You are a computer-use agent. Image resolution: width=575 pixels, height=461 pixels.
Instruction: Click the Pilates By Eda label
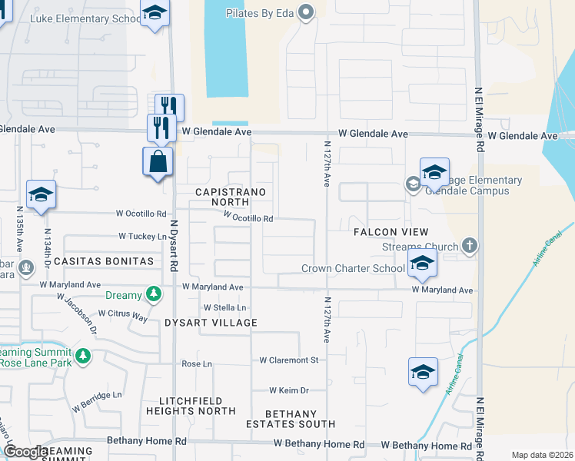261,12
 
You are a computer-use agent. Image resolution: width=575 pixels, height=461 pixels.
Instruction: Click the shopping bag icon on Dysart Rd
158,162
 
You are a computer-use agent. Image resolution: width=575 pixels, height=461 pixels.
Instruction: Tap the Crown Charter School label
353,269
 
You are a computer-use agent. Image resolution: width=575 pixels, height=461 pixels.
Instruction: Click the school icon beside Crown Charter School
422,265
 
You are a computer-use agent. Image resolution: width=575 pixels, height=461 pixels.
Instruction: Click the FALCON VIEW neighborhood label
391,232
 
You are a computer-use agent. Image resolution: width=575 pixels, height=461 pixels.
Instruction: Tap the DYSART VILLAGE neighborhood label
211,323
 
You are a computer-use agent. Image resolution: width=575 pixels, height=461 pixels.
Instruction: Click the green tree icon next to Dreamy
154,294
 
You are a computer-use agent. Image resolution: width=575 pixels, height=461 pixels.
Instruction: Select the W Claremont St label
288,360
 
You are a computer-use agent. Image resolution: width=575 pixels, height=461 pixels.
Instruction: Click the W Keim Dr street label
288,390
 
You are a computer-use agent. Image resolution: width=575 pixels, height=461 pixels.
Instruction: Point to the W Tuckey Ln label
142,236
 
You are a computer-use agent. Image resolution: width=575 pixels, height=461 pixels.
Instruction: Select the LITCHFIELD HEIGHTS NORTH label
197,406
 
